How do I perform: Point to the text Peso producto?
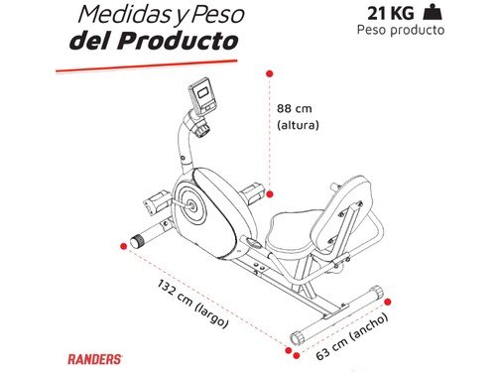[401, 30]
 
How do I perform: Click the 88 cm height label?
[297, 109]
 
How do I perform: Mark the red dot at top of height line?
[269, 71]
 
